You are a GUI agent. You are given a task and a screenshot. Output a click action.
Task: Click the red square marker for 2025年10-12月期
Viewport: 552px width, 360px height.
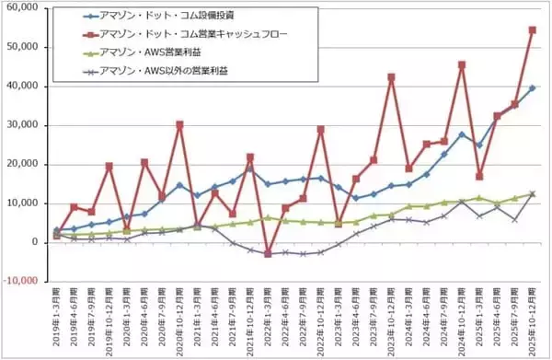pyautogui.click(x=533, y=29)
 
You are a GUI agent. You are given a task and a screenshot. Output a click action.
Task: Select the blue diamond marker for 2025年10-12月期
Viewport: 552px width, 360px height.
pyautogui.click(x=533, y=87)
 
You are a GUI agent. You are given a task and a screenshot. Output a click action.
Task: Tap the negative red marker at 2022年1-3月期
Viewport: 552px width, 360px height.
pyautogui.click(x=268, y=253)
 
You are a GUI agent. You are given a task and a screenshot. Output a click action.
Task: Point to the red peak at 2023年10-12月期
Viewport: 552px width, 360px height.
pyautogui.click(x=391, y=77)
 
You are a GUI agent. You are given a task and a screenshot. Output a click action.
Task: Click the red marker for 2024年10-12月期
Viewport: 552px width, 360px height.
pyautogui.click(x=462, y=65)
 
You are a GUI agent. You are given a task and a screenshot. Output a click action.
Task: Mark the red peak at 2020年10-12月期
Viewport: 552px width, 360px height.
pyautogui.click(x=179, y=124)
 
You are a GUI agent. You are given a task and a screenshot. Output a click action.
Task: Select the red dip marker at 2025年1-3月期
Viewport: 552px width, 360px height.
pyautogui.click(x=479, y=175)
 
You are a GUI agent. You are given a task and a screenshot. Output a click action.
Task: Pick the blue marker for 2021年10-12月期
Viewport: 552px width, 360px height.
pyautogui.click(x=250, y=168)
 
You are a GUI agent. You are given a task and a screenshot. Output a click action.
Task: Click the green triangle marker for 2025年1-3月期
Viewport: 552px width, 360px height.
pyautogui.click(x=479, y=198)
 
